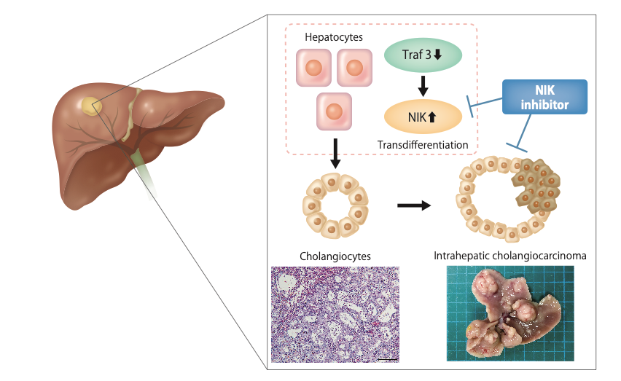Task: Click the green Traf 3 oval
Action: click(x=423, y=55)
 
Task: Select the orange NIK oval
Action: click(x=423, y=114)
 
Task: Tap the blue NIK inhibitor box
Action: click(x=544, y=97)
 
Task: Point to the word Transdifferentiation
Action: click(x=423, y=144)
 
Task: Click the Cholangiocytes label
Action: click(x=335, y=256)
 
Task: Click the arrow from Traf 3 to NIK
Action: click(x=423, y=85)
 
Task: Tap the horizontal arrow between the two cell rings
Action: click(x=414, y=205)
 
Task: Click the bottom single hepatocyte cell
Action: click(x=334, y=111)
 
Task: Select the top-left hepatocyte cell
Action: click(x=313, y=68)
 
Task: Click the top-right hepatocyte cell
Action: click(x=356, y=68)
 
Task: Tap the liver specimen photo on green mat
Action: click(x=510, y=313)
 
